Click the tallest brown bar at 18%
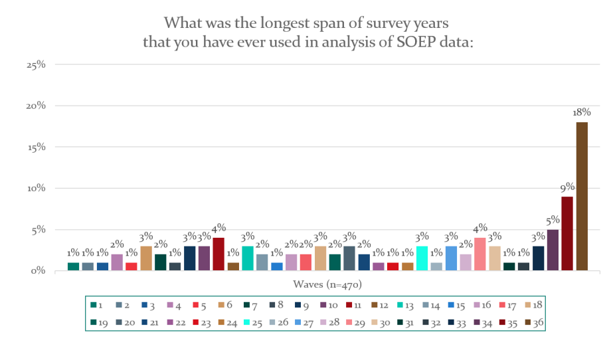pyautogui.click(x=582, y=197)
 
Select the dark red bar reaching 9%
pyautogui.click(x=567, y=233)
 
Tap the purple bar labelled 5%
pyautogui.click(x=553, y=250)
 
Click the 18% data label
pyautogui.click(x=581, y=113)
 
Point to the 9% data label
pyautogui.click(x=567, y=187)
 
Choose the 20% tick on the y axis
pyautogui.click(x=36, y=106)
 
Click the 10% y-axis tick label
pyautogui.click(x=36, y=188)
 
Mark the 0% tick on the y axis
pyautogui.click(x=38, y=270)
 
